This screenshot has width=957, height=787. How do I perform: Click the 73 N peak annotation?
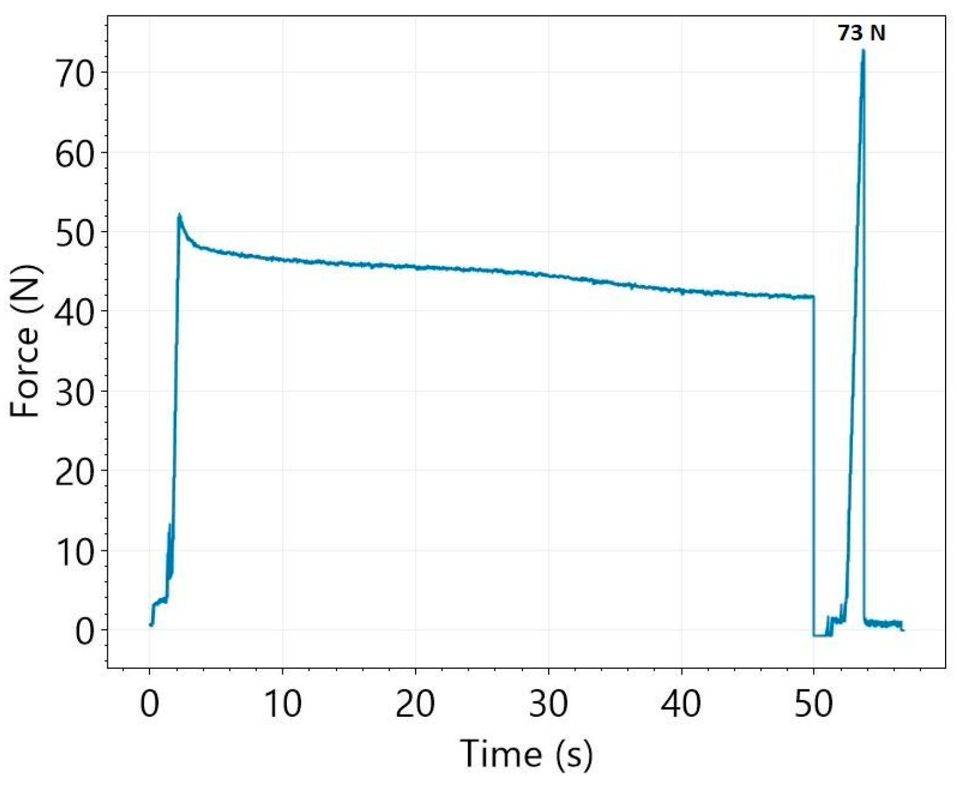861,33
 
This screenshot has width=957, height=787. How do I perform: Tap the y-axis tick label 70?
75,74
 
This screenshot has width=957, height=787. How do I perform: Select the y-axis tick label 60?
75,153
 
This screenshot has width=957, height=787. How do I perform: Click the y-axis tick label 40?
75,312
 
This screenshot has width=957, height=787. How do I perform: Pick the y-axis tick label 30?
75,392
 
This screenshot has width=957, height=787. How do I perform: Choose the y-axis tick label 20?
75,471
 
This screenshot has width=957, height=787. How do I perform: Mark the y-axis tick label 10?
75,551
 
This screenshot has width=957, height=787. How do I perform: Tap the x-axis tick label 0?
149,704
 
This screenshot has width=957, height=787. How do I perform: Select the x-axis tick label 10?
282,704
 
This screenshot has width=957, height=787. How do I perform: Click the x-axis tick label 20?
415,704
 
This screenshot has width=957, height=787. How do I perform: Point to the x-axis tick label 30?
548,704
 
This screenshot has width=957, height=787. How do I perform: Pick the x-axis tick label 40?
681,704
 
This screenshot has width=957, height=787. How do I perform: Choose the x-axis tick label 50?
814,704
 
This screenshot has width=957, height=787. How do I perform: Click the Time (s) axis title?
526,753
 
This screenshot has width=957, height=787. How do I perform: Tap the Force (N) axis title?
26,340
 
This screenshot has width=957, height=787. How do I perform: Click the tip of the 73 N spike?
863,51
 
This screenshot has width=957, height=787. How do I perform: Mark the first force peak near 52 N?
179,216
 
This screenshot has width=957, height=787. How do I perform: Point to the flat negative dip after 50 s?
822,635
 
